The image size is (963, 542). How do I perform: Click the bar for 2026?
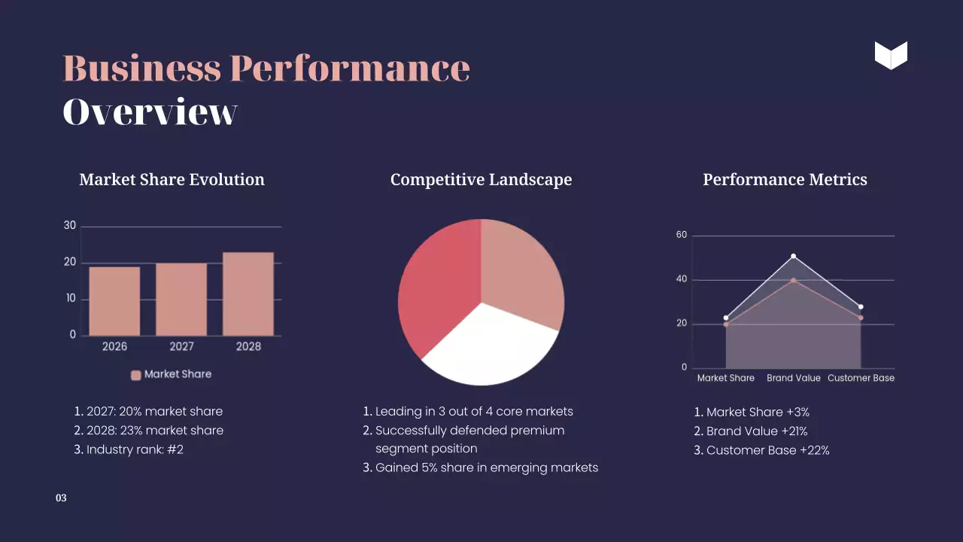point(114,301)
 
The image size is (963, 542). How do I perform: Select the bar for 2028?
point(248,294)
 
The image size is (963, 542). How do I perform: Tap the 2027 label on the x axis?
point(181,346)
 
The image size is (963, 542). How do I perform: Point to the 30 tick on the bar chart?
point(70,225)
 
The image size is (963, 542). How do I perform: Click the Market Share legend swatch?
point(136,375)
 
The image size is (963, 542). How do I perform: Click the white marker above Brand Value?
point(793,257)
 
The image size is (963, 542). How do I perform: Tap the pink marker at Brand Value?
point(793,280)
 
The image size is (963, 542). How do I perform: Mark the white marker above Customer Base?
point(861,307)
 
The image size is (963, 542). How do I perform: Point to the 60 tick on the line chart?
point(682,235)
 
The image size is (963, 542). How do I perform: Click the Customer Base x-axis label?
point(861,378)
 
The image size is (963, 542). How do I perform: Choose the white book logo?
point(891,56)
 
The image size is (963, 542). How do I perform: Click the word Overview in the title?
point(150,112)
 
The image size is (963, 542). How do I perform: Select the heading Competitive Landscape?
point(481,180)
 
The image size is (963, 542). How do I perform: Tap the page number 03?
point(61,498)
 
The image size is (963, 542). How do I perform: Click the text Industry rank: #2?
point(135,449)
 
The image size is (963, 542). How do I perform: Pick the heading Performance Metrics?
point(785,180)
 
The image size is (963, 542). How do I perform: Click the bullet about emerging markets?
point(486,467)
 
